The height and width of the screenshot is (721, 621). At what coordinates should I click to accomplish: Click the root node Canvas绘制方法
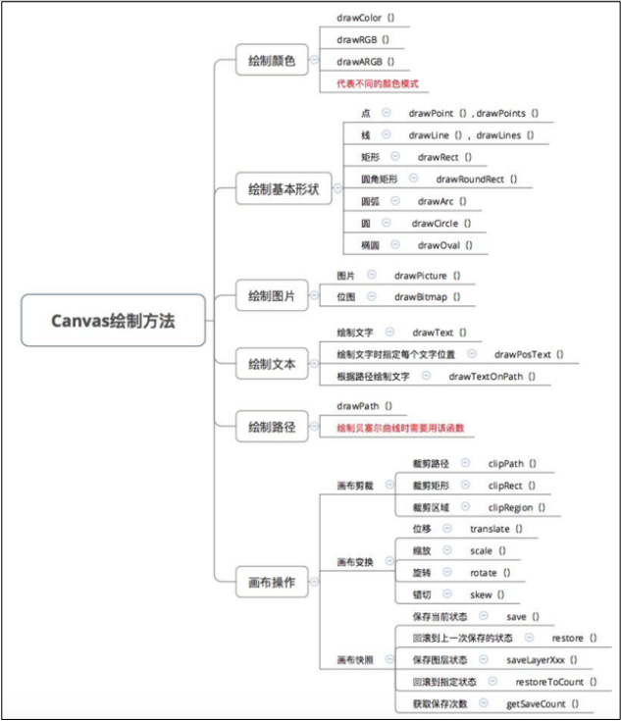pos(113,321)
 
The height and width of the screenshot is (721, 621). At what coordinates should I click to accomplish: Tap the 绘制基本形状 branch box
pos(285,188)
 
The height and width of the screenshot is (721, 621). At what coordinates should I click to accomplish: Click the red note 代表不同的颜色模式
pos(376,83)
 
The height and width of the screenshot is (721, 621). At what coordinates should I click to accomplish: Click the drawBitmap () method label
pos(428,296)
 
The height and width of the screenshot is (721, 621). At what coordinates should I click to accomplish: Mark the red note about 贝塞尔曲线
pos(399,428)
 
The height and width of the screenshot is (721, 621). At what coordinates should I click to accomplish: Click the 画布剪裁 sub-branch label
pos(355,485)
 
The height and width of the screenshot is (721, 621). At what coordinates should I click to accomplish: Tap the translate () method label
pos(496,529)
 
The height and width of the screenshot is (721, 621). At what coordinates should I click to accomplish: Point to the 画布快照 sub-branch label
pos(355,659)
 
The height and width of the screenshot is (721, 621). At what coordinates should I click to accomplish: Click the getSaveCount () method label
pos(543,703)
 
